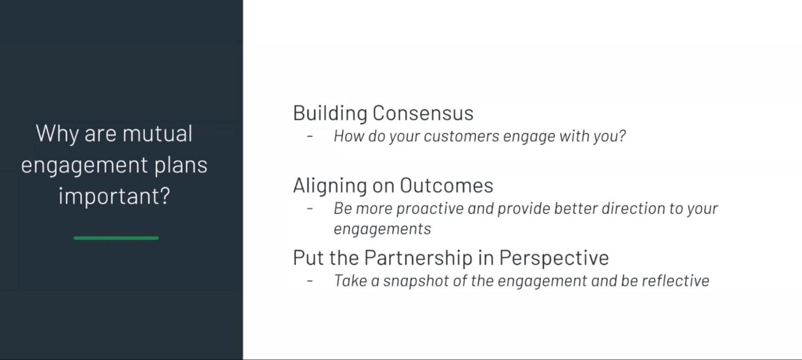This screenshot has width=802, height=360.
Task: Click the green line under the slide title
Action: (116, 238)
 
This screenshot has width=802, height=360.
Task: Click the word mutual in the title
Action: (157, 134)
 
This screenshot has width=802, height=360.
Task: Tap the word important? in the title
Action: (114, 196)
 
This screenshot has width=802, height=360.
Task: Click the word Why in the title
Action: (57, 134)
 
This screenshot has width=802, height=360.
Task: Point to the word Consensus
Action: (423, 113)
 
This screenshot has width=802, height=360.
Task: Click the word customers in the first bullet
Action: (461, 136)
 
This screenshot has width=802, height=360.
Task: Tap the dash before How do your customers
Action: (310, 136)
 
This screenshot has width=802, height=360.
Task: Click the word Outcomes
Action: (446, 186)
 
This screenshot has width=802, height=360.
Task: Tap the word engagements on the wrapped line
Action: (382, 229)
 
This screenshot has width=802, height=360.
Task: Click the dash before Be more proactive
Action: (310, 209)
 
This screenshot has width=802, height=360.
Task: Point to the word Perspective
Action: (554, 258)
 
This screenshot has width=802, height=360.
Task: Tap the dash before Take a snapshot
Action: (310, 281)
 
